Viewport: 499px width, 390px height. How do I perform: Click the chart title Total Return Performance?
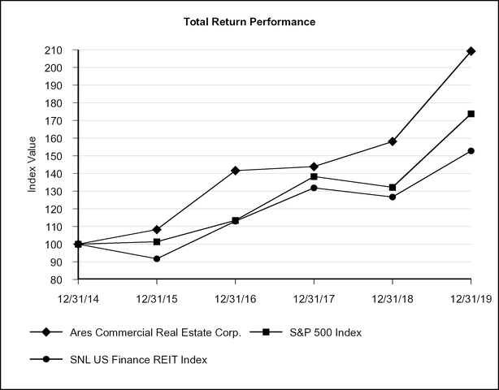tap(249, 21)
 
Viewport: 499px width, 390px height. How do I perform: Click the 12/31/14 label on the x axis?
tap(78, 300)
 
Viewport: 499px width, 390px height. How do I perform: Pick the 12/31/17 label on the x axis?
tap(314, 300)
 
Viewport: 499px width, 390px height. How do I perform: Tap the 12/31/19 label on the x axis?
tap(471, 300)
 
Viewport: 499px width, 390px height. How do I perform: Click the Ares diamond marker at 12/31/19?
tap(471, 51)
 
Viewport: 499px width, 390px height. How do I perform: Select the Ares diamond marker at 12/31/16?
tap(236, 171)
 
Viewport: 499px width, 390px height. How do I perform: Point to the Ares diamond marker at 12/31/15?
tap(157, 230)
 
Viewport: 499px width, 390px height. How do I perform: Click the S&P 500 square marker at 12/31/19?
tap(471, 115)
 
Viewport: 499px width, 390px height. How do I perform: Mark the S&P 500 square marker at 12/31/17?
tap(315, 176)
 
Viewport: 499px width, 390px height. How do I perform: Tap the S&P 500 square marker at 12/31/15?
tap(157, 241)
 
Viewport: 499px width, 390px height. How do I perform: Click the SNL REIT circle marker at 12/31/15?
tap(157, 259)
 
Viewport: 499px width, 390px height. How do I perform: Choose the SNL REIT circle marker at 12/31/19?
tap(471, 151)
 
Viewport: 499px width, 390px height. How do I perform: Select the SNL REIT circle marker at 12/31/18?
tap(393, 197)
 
